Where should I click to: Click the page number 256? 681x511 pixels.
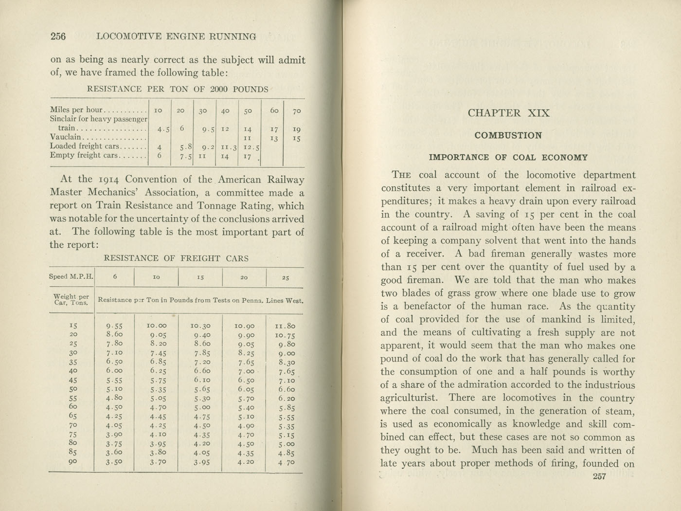click(58, 36)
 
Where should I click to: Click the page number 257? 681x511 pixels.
click(599, 476)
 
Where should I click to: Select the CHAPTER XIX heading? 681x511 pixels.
click(508, 113)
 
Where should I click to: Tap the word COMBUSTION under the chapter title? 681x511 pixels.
click(508, 135)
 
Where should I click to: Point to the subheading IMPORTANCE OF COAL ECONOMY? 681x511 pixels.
click(508, 158)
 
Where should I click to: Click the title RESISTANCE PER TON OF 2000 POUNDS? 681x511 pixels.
click(177, 89)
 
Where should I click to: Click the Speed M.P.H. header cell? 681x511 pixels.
click(71, 276)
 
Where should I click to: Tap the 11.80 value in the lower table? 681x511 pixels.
click(285, 326)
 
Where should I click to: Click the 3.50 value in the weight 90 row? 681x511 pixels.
click(114, 462)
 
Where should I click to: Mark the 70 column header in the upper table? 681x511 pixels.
click(297, 111)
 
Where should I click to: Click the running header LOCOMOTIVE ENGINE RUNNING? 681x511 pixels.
click(177, 36)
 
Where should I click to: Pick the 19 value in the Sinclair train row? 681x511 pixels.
click(297, 129)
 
